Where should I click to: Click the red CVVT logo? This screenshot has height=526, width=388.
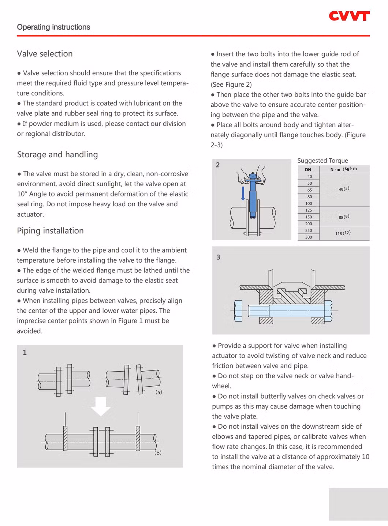(349, 16)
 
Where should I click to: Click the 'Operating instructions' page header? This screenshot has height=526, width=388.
(53, 27)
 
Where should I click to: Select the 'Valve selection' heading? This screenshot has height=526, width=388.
(45, 54)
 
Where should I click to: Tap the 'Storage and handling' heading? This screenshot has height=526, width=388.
(57, 154)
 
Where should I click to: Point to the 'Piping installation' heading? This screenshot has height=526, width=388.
(50, 231)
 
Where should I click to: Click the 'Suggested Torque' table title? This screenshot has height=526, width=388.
(322, 161)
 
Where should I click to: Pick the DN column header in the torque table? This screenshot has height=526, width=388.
(308, 170)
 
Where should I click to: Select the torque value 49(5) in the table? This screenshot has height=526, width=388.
(344, 189)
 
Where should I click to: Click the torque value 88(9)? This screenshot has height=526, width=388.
(344, 217)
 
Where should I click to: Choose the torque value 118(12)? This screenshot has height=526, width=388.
(343, 233)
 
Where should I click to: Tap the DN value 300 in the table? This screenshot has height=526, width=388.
(309, 237)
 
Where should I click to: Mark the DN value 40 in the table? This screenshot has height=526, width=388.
(310, 177)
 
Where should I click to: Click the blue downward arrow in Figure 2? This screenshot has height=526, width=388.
(243, 193)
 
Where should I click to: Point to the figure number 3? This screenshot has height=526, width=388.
(219, 257)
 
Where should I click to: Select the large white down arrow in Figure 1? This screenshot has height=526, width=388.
(101, 406)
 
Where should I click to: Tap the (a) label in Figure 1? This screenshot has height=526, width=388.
(159, 392)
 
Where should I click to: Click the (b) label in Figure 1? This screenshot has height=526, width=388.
(158, 453)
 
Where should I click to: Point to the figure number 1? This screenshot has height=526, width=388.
(25, 352)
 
